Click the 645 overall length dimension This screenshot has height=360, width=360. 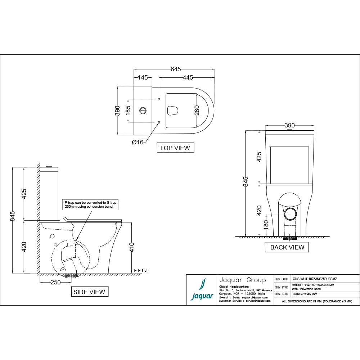coord(176,69)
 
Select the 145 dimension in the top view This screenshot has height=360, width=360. coord(143,77)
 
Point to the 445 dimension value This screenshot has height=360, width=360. coord(188,77)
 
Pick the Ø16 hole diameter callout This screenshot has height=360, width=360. coord(138,142)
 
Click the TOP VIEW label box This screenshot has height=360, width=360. coord(175,148)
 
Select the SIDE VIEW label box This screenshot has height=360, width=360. coord(89,292)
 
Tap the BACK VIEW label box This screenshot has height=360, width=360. coord(287,247)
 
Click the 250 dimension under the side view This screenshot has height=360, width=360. coord(55,282)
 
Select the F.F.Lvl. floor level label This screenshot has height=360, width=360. coord(141,270)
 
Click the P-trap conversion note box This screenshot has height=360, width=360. coord(90,205)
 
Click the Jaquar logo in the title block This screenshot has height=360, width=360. coord(202,290)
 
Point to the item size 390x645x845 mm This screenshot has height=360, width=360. coord(305,294)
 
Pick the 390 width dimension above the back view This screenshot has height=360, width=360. coord(289,125)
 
